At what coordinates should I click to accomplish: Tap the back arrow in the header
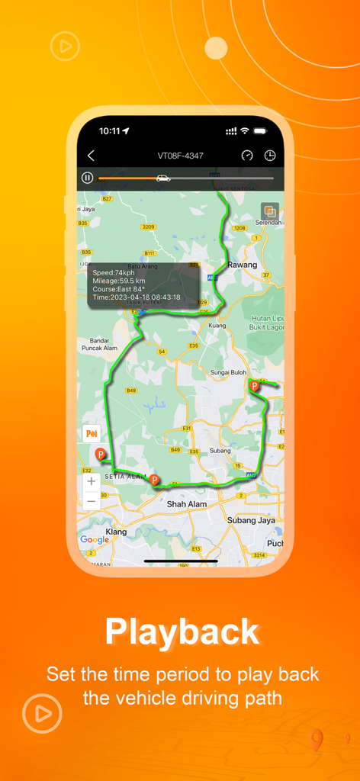tap(91, 156)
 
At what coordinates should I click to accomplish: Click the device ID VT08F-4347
tap(180, 156)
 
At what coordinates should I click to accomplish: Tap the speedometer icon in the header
tap(247, 156)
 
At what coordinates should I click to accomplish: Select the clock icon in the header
tap(270, 156)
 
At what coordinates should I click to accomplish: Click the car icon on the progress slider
tap(162, 178)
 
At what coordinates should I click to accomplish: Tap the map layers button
tap(269, 211)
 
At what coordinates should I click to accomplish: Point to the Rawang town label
tap(243, 265)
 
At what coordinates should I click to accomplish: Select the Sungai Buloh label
tap(229, 372)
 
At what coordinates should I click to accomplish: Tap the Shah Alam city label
tap(187, 504)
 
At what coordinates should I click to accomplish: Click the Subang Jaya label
tap(251, 520)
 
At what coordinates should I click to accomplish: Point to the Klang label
tap(116, 531)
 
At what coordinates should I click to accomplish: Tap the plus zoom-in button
tap(92, 481)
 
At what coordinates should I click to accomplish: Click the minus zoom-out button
tap(92, 501)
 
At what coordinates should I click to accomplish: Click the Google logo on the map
tap(95, 540)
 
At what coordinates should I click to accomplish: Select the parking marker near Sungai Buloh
tap(255, 386)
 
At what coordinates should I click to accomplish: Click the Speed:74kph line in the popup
tap(114, 272)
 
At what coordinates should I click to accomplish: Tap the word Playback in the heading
tap(182, 632)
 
